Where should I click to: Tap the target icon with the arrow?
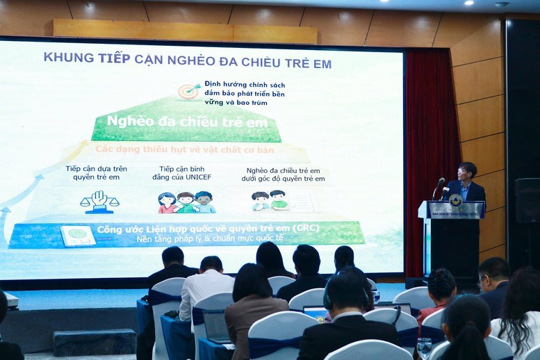tap(188, 91)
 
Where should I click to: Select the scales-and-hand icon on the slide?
tap(99, 201)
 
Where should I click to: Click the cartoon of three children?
tap(186, 202)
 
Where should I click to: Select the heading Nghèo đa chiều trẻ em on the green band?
tap(178, 122)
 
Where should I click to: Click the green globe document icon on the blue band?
tap(78, 234)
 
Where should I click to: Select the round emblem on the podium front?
tap(455, 200)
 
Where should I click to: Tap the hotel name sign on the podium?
tap(455, 213)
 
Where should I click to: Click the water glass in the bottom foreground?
tap(424, 347)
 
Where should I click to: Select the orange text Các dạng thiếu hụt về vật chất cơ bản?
tap(184, 149)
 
